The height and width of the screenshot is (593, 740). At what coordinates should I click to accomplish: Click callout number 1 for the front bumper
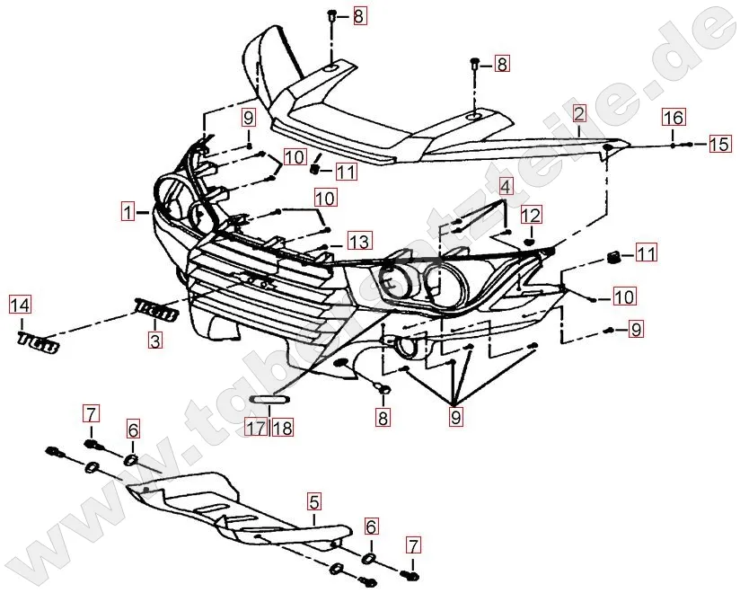coord(130,213)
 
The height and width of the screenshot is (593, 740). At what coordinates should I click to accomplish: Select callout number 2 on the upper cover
coord(578,114)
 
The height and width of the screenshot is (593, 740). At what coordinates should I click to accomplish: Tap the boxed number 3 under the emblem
coord(155,341)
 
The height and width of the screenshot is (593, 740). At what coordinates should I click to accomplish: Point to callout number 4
coord(506,188)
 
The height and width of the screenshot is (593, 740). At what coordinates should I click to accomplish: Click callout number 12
coord(531,216)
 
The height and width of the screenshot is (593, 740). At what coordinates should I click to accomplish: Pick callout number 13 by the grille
coord(358,242)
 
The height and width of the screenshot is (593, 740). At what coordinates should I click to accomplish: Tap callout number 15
coord(719,144)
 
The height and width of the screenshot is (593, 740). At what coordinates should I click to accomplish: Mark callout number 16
coord(674,118)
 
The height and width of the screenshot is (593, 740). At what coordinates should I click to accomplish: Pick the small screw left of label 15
coord(686,144)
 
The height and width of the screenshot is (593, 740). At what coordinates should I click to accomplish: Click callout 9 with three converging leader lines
coord(456,416)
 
